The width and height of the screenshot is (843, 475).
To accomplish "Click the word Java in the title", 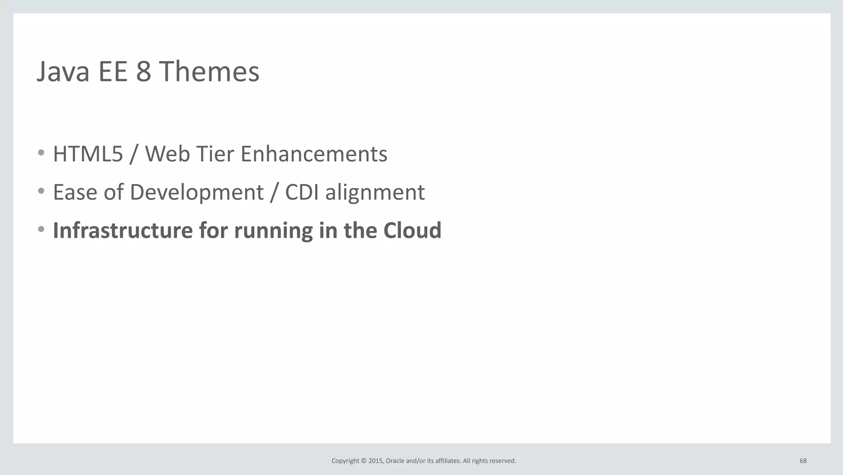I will pyautogui.click(x=63, y=72).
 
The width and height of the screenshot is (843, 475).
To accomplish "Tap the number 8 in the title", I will pyautogui.click(x=143, y=72).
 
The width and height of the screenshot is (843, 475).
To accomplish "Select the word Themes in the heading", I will pyautogui.click(x=209, y=72).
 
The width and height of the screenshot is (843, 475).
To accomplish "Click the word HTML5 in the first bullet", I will pyautogui.click(x=88, y=154).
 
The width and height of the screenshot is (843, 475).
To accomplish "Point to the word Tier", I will pyautogui.click(x=215, y=154).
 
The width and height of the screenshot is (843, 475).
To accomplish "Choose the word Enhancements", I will pyautogui.click(x=314, y=154).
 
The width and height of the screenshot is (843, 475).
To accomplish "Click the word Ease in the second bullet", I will pyautogui.click(x=75, y=192).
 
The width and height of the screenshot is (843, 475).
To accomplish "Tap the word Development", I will pyautogui.click(x=196, y=192).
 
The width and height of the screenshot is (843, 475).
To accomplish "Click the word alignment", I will pyautogui.click(x=375, y=192).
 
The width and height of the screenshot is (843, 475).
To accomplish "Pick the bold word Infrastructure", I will pyautogui.click(x=123, y=230).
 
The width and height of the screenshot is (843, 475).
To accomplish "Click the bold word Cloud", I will pyautogui.click(x=412, y=230).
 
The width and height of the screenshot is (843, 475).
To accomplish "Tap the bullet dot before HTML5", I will pyautogui.click(x=41, y=153).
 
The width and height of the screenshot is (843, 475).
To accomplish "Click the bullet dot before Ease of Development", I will pyautogui.click(x=41, y=191).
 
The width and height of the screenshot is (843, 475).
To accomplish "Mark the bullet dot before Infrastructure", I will pyautogui.click(x=41, y=229).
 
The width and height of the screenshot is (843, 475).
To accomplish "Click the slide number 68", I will pyautogui.click(x=803, y=461).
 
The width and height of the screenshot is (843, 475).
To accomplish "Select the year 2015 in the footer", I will pyautogui.click(x=375, y=461).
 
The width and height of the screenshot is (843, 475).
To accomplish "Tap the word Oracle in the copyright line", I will pyautogui.click(x=395, y=461).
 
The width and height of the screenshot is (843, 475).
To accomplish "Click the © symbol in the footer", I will pyautogui.click(x=363, y=461).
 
